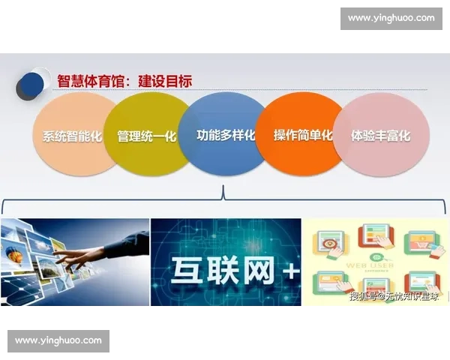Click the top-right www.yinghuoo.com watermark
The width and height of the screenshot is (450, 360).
point(391,18)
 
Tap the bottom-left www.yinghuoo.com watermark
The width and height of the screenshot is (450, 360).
point(59,341)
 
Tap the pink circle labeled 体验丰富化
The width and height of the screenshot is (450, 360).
point(379,136)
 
